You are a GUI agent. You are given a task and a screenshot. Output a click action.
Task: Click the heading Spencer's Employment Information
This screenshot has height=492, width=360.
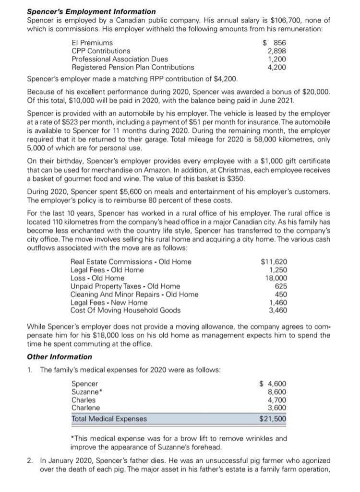91,11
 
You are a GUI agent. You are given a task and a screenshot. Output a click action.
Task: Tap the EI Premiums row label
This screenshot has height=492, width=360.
92,43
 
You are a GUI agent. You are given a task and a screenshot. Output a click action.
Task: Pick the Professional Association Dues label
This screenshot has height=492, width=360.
120,59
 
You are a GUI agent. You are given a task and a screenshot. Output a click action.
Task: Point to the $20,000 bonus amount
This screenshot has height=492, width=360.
315,91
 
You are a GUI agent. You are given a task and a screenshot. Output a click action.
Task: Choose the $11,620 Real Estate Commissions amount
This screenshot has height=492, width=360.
274,262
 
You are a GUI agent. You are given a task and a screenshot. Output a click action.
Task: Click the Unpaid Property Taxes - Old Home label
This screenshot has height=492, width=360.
125,286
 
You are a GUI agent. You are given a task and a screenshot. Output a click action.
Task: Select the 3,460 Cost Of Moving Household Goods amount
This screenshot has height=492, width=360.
277,310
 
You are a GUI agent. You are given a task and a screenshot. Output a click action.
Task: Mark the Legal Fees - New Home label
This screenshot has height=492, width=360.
109,302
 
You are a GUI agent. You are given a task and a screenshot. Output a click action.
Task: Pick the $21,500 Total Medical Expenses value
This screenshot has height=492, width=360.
272,419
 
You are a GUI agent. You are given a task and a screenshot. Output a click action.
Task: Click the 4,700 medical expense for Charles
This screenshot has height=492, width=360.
277,400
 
